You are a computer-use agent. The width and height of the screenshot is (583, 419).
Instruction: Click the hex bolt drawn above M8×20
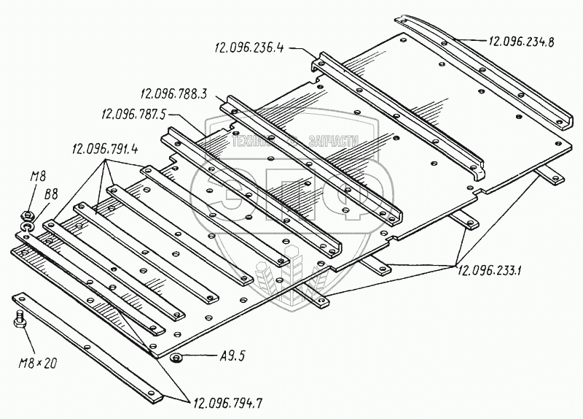(20, 319)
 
